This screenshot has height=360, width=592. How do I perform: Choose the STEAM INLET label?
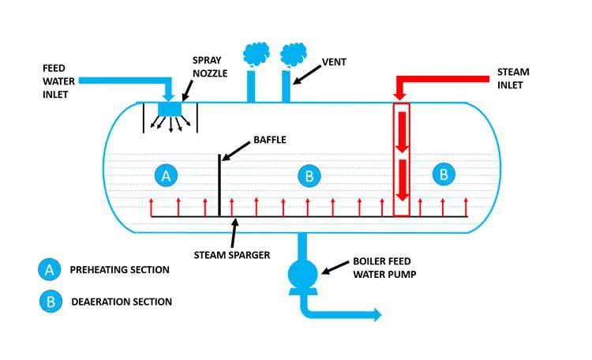[x=514, y=79]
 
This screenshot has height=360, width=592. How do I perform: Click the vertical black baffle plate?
[x=219, y=184]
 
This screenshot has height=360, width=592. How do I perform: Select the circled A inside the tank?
[x=166, y=176]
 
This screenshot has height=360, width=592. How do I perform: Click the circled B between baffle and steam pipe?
[x=309, y=176]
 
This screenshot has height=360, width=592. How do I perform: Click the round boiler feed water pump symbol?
[x=302, y=274]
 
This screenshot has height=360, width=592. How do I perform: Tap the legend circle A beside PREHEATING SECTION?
[x=50, y=270]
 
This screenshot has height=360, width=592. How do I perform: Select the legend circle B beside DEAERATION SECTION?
[x=50, y=301]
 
